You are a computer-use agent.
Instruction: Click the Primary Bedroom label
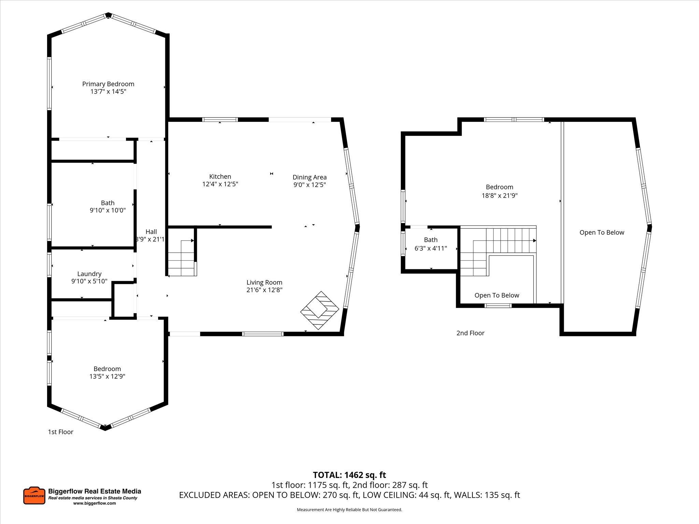pyautogui.click(x=108, y=84)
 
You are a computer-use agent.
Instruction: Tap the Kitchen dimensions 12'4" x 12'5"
pyautogui.click(x=220, y=184)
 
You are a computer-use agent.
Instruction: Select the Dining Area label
pyautogui.click(x=309, y=177)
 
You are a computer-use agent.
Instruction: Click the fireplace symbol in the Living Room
pyautogui.click(x=319, y=310)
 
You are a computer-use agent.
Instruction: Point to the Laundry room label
pyautogui.click(x=89, y=274)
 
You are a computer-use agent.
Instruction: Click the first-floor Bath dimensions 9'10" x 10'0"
pyautogui.click(x=108, y=210)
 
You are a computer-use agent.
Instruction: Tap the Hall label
pyautogui.click(x=151, y=232)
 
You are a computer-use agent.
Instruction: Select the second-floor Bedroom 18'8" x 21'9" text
pyautogui.click(x=499, y=191)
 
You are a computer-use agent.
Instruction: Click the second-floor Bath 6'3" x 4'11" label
pyautogui.click(x=430, y=244)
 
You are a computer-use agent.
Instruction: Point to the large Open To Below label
pyautogui.click(x=601, y=232)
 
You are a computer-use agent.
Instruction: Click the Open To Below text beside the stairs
pyautogui.click(x=497, y=295)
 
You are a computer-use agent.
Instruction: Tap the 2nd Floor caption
pyautogui.click(x=470, y=333)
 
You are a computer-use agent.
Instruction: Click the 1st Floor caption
pyautogui.click(x=60, y=432)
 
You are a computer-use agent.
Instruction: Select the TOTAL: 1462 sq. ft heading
pyautogui.click(x=349, y=475)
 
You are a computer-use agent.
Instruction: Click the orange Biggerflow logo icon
pyautogui.click(x=34, y=495)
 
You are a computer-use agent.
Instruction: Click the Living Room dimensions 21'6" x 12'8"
pyautogui.click(x=264, y=290)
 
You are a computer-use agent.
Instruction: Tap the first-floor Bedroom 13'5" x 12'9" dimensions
pyautogui.click(x=108, y=376)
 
